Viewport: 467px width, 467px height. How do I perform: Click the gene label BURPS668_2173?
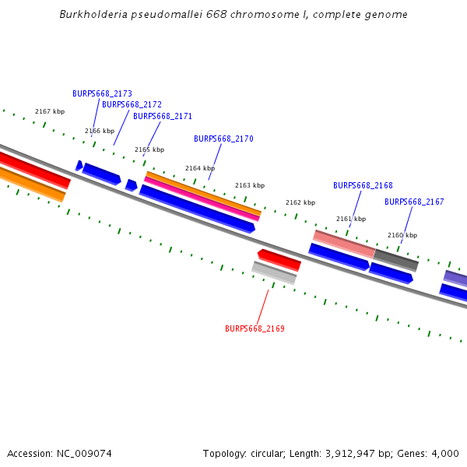(102, 93)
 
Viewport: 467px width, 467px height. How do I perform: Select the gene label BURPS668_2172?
(132, 104)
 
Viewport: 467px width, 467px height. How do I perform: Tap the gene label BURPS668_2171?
(163, 116)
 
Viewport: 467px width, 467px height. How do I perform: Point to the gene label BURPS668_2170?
(223, 139)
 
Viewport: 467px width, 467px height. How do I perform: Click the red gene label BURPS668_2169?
(255, 328)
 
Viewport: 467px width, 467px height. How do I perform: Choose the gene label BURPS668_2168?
(363, 185)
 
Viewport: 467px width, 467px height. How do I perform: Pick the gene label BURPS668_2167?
(414, 202)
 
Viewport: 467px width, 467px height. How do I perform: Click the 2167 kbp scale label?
(50, 112)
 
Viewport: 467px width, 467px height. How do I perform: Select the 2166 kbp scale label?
(100, 131)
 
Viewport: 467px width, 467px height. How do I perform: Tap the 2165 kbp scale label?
(149, 149)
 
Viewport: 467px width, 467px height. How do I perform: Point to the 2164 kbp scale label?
(200, 168)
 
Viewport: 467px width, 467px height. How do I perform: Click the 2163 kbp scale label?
(250, 185)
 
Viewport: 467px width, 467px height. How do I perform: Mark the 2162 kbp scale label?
(300, 202)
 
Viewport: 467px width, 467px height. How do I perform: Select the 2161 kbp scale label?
(350, 219)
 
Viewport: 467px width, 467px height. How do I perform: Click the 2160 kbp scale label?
(402, 235)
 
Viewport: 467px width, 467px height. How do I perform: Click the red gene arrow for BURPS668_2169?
(279, 260)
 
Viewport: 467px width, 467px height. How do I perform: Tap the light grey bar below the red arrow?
(274, 272)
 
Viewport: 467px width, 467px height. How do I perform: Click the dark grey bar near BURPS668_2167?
(396, 260)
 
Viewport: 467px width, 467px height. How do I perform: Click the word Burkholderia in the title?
(91, 15)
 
